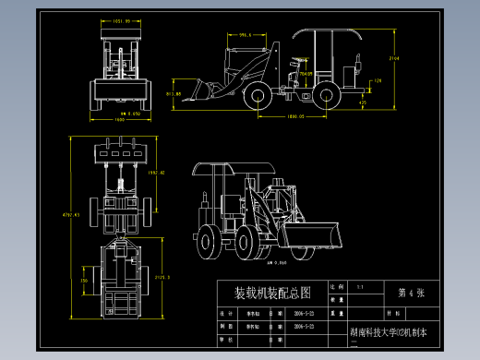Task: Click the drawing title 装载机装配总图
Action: coord(273,294)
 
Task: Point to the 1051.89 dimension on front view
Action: coord(120,19)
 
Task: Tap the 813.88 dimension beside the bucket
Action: coord(173,94)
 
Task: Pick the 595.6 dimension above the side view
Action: coord(245,35)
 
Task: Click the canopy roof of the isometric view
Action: coord(231,168)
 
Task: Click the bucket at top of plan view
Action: coord(118,150)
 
